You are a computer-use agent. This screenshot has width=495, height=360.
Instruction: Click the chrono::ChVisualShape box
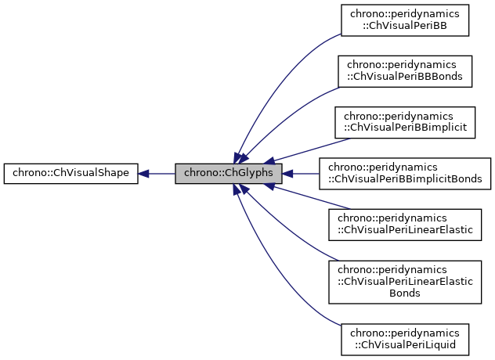click(70, 174)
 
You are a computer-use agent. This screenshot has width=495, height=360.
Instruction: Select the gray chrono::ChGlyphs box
click(228, 174)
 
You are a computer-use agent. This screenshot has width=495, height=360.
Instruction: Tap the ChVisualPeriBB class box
click(405, 20)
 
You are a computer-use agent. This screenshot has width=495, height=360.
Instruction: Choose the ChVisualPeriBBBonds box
click(405, 70)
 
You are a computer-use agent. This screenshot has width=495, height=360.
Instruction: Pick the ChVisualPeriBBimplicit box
click(405, 123)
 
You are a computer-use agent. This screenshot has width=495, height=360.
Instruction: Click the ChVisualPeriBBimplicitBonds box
click(405, 174)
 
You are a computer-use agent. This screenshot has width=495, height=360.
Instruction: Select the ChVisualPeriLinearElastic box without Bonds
click(405, 225)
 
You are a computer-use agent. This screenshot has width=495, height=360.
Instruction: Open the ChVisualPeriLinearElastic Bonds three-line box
click(405, 280)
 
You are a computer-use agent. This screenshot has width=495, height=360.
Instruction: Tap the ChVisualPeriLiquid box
click(405, 338)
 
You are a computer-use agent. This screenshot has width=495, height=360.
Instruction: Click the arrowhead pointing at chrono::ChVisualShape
click(144, 174)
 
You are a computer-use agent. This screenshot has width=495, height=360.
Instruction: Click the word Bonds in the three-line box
click(405, 293)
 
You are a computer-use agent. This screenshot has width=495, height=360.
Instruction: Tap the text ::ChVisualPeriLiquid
click(405, 344)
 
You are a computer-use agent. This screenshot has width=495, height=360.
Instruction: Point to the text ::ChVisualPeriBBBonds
click(405, 77)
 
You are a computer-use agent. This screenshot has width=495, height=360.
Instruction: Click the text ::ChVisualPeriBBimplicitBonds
click(405, 180)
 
